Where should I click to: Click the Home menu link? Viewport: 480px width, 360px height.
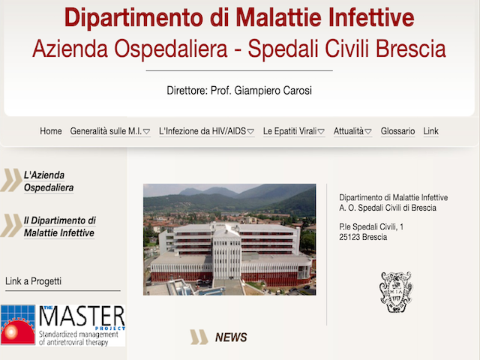pyautogui.click(x=51, y=131)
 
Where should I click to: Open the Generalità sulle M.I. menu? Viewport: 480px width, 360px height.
pyautogui.click(x=110, y=131)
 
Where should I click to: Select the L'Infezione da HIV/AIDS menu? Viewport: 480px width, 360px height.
pyautogui.click(x=207, y=131)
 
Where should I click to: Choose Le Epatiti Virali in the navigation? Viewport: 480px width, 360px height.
pyautogui.click(x=294, y=131)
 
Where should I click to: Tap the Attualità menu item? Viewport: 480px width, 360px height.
pyautogui.click(x=352, y=131)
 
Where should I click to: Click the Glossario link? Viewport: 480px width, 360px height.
pyautogui.click(x=397, y=131)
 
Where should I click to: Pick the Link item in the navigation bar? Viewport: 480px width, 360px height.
pyautogui.click(x=430, y=131)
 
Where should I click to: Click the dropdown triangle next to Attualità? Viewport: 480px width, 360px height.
pyautogui.click(x=368, y=132)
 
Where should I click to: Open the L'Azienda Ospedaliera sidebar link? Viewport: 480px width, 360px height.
pyautogui.click(x=49, y=181)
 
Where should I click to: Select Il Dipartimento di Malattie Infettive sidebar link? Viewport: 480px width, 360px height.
pyautogui.click(x=60, y=226)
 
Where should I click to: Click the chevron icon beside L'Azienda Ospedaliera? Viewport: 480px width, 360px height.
pyautogui.click(x=11, y=180)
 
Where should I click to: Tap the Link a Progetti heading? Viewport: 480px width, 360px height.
pyautogui.click(x=33, y=281)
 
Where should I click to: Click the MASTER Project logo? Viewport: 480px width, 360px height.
pyautogui.click(x=63, y=325)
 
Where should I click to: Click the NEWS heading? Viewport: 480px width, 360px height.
pyautogui.click(x=231, y=337)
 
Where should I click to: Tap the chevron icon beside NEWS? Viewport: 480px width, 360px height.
pyautogui.click(x=199, y=337)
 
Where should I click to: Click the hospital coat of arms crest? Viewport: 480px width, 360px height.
pyautogui.click(x=396, y=292)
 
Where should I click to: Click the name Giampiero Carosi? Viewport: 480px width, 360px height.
pyautogui.click(x=273, y=91)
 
